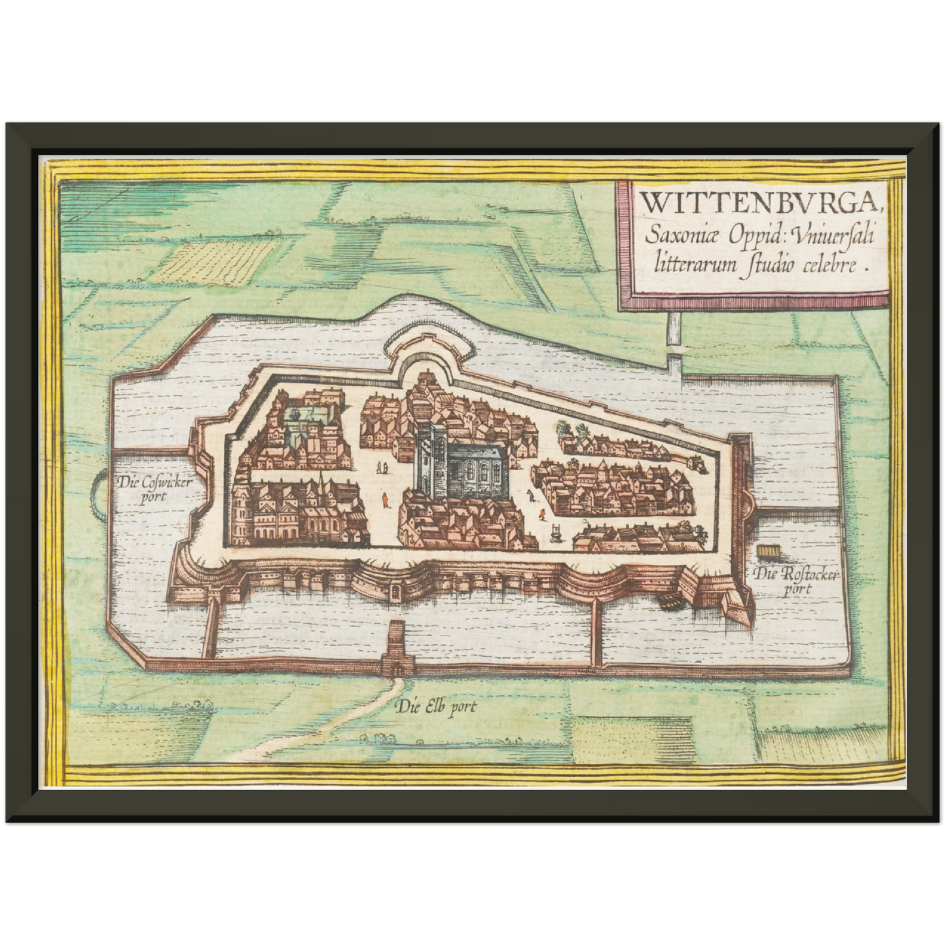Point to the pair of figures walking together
pos(382,467)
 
